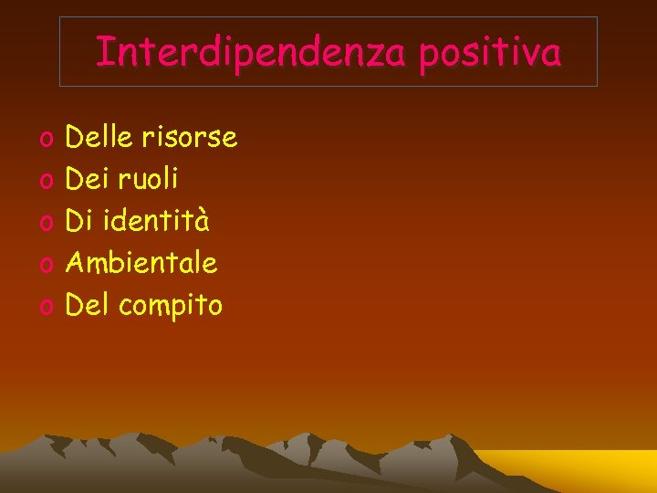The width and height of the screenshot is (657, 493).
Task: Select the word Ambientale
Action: [142, 263]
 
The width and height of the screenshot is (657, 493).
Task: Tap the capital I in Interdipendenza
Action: [101, 52]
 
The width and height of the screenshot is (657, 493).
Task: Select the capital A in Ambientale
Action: [77, 263]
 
